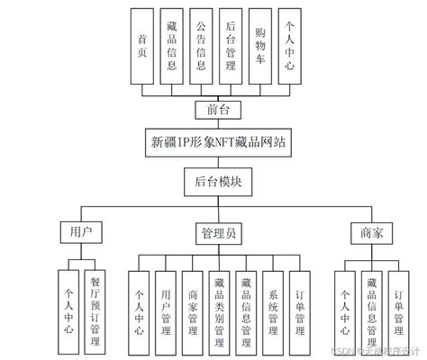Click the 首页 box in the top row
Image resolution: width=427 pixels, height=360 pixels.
[142, 46]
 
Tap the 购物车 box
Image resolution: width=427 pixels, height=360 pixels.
[260, 46]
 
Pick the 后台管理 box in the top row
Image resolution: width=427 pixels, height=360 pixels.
[231, 46]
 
